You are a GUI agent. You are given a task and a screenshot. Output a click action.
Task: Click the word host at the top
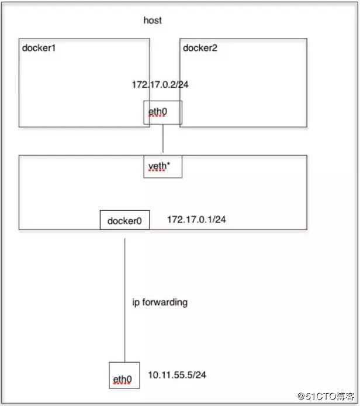153,20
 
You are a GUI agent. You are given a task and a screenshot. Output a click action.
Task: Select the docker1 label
39,48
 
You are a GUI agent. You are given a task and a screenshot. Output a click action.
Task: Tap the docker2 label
200,48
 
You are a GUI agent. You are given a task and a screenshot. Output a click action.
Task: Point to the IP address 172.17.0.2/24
160,85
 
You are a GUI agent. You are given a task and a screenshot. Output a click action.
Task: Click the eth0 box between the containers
163,112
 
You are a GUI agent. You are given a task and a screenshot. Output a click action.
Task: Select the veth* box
163,167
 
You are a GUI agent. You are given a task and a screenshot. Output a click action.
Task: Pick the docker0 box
124,220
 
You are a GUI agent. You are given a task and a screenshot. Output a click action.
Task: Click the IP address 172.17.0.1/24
196,219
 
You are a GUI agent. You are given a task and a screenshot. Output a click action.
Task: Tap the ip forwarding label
160,302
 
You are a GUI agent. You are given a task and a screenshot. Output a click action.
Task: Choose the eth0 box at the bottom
124,375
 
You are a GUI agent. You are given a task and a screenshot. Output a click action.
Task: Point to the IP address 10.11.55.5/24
177,375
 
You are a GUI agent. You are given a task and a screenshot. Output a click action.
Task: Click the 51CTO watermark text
326,396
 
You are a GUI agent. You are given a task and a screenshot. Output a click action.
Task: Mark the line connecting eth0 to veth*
163,138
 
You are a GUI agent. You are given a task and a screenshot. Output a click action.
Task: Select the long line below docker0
125,300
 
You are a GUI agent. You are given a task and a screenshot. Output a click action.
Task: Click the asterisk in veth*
168,163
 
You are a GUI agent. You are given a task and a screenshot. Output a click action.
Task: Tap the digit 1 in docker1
53,48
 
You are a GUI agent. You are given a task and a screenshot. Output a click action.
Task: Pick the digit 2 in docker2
214,48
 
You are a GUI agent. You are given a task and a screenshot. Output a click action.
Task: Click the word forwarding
165,302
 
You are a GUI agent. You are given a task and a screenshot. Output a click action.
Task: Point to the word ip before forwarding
136,302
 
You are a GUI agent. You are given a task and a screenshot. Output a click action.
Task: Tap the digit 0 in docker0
139,221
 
